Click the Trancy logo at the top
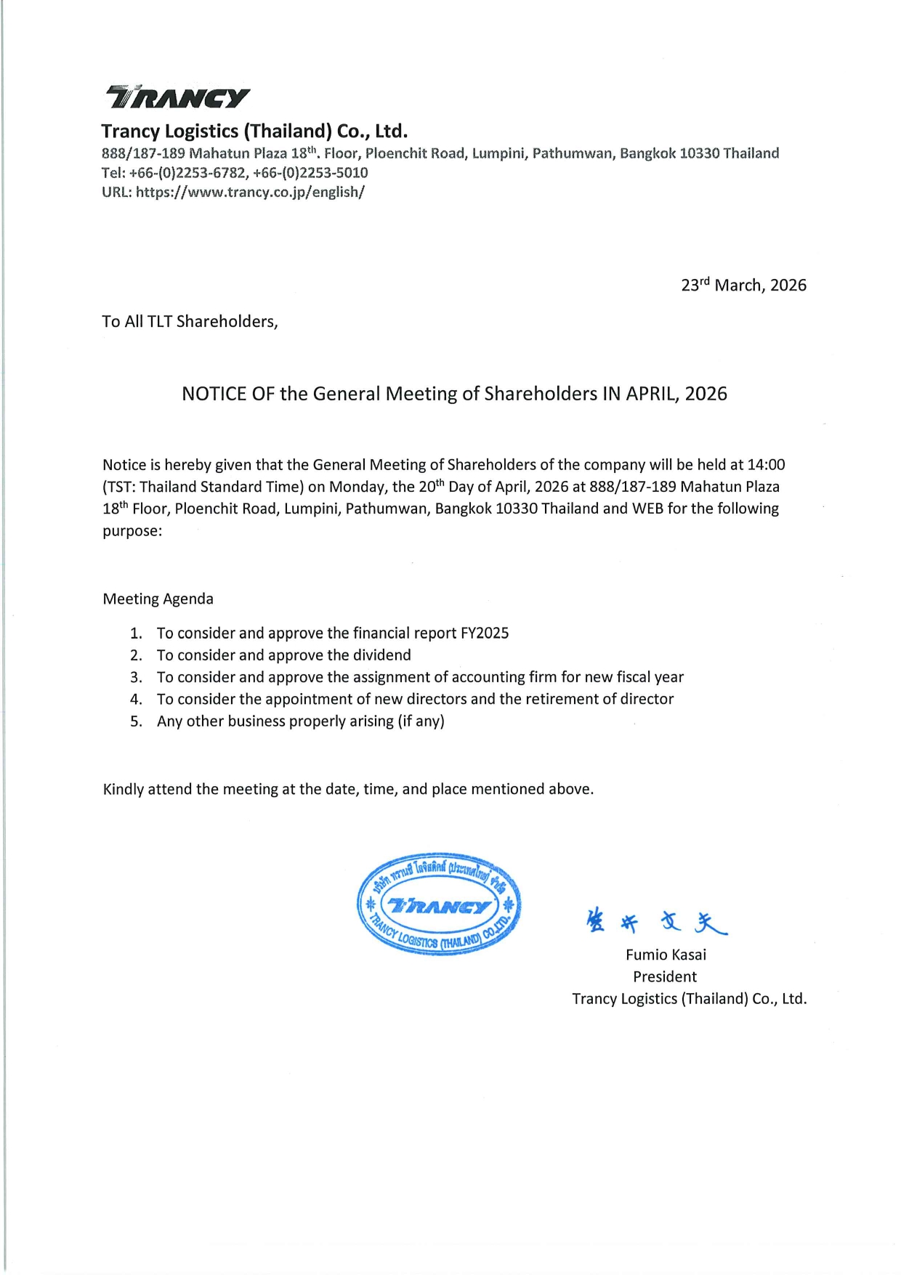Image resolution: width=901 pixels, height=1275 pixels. click(178, 97)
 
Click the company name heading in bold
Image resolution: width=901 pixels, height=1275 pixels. click(254, 131)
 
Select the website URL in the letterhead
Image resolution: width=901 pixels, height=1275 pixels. click(250, 193)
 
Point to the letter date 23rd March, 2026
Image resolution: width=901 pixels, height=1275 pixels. click(743, 285)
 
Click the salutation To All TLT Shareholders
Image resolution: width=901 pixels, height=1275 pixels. click(190, 322)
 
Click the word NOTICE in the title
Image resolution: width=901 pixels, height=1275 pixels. click(214, 394)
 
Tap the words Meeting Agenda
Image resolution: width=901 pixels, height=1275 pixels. click(158, 599)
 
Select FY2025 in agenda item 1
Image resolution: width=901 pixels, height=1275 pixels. click(485, 634)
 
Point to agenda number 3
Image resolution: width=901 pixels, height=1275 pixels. click(136, 678)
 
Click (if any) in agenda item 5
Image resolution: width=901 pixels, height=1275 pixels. click(421, 721)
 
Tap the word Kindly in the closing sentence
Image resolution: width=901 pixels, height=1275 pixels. click(124, 790)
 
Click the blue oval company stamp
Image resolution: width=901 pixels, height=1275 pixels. click(439, 904)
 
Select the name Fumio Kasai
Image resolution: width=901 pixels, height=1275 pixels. click(666, 955)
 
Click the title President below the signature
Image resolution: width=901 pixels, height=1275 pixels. click(665, 977)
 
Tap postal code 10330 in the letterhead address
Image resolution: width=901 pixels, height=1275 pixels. click(699, 153)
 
